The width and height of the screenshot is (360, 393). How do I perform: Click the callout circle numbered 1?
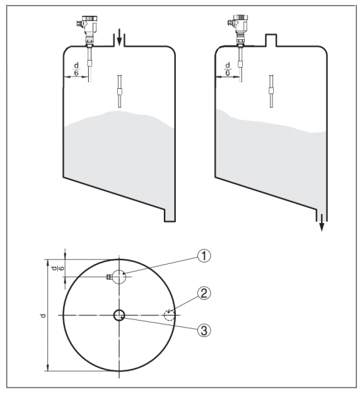tap(204, 256)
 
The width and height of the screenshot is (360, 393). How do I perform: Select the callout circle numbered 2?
tap(204, 293)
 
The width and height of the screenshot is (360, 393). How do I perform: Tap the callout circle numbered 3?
tap(204, 330)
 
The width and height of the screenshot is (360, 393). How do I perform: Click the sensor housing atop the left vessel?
tap(88, 27)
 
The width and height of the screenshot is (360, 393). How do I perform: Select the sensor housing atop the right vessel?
tap(238, 26)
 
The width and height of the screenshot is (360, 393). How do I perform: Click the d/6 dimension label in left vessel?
tap(76, 69)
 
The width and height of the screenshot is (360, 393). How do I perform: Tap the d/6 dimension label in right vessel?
tap(228, 69)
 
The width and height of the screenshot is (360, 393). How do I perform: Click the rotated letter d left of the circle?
tap(43, 315)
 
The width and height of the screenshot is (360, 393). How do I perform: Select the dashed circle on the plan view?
tap(169, 315)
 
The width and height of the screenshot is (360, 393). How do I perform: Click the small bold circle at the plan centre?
tap(119, 315)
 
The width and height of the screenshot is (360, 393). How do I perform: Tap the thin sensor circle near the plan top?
tap(119, 276)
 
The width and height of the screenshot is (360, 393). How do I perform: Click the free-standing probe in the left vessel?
tap(120, 92)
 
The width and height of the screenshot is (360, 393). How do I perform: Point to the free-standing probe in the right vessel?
tap(271, 92)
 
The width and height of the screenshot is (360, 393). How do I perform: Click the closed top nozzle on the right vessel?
tap(271, 40)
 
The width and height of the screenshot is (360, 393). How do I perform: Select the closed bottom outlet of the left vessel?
tap(170, 215)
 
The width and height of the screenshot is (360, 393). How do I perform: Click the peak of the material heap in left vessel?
tap(117, 111)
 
